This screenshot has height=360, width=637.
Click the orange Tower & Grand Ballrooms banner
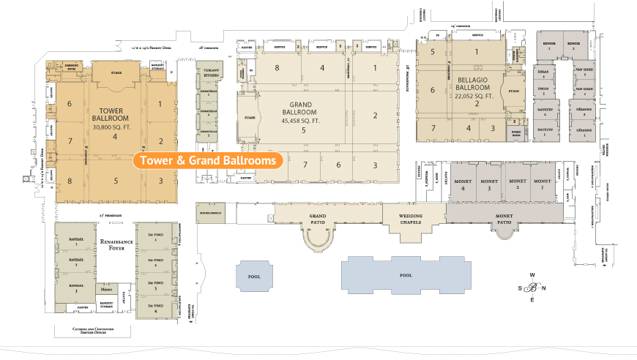208,160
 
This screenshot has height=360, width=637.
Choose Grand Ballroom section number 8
277,68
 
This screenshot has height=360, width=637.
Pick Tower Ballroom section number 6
70,103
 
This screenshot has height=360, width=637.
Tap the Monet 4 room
463,184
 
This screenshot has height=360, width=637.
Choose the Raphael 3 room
75,289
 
